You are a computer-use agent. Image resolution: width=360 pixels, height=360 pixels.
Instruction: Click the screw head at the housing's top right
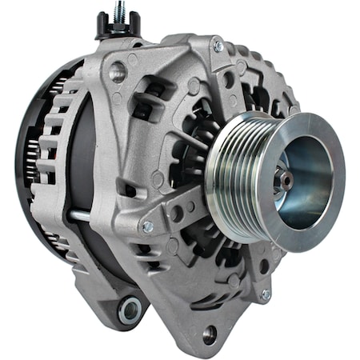click(x=218, y=47)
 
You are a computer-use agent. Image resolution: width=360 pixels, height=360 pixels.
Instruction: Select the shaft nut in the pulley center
click(x=286, y=181)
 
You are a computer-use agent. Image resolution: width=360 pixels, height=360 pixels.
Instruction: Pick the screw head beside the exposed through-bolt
click(x=147, y=226)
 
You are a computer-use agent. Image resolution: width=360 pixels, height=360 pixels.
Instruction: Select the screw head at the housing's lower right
click(x=265, y=294)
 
